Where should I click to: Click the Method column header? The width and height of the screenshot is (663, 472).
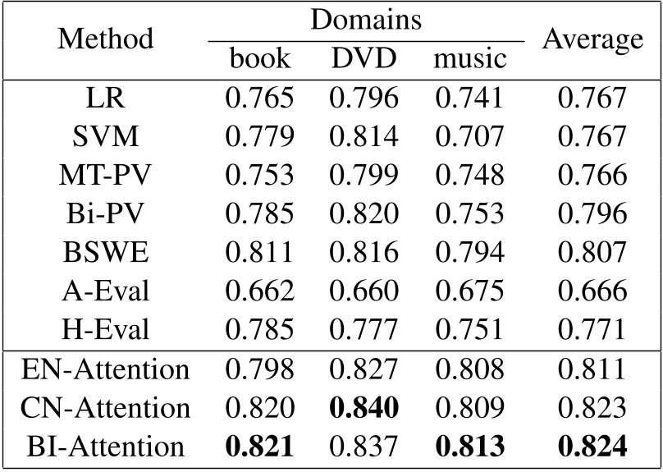click(107, 39)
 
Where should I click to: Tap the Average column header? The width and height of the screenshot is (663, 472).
click(592, 39)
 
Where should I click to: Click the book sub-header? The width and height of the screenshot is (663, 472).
click(259, 58)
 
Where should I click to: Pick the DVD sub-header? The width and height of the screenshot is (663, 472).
click(364, 58)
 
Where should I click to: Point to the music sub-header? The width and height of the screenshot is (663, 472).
click(469, 58)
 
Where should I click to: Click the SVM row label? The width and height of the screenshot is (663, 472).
click(107, 135)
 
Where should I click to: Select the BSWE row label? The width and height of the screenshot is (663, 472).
click(107, 252)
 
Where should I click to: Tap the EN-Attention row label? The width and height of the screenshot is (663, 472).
click(107, 369)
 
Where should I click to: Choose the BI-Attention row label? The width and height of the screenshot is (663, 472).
click(107, 447)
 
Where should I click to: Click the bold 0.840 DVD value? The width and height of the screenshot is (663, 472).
click(364, 408)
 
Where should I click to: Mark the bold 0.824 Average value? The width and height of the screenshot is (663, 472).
click(592, 447)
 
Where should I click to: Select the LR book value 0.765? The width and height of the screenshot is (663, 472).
click(259, 97)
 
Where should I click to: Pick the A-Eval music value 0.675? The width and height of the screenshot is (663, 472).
click(469, 291)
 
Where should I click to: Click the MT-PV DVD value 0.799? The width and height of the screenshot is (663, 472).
click(364, 175)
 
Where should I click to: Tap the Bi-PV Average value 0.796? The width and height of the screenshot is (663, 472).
click(592, 213)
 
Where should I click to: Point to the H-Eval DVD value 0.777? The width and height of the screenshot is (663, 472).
click(364, 330)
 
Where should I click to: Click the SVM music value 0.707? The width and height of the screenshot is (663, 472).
click(469, 135)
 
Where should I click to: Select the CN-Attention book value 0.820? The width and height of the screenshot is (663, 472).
click(259, 408)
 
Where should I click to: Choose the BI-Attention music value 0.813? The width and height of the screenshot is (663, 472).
click(469, 447)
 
